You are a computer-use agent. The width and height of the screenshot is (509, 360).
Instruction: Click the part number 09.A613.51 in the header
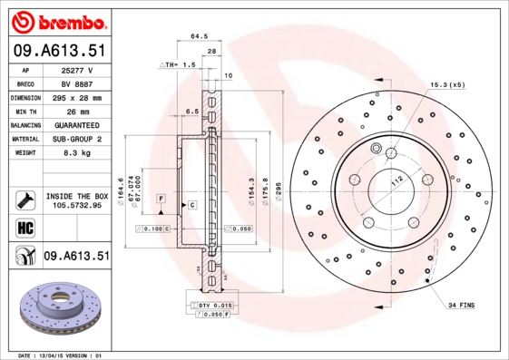click(x=59, y=51)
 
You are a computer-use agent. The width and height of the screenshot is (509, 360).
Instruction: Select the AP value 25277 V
click(x=77, y=70)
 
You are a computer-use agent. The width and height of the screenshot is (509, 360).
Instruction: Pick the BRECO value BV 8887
click(x=77, y=83)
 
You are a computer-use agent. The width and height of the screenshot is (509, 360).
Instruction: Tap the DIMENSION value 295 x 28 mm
click(x=77, y=97)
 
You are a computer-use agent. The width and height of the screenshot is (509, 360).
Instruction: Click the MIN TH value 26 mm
click(x=77, y=111)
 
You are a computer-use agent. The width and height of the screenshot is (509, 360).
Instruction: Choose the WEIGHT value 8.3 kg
click(x=77, y=153)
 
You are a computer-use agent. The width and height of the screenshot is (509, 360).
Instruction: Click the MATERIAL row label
click(x=24, y=139)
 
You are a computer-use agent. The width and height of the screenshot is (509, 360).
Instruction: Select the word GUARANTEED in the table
click(x=77, y=125)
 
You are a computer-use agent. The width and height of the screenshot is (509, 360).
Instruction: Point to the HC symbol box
click(x=24, y=227)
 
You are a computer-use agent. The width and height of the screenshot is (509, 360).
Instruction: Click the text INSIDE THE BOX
click(x=77, y=196)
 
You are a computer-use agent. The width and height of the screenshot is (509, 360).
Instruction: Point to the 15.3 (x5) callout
click(x=446, y=84)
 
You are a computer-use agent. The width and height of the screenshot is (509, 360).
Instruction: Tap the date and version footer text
click(x=63, y=355)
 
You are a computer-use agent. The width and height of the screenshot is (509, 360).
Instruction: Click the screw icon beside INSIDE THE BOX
click(x=24, y=199)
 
